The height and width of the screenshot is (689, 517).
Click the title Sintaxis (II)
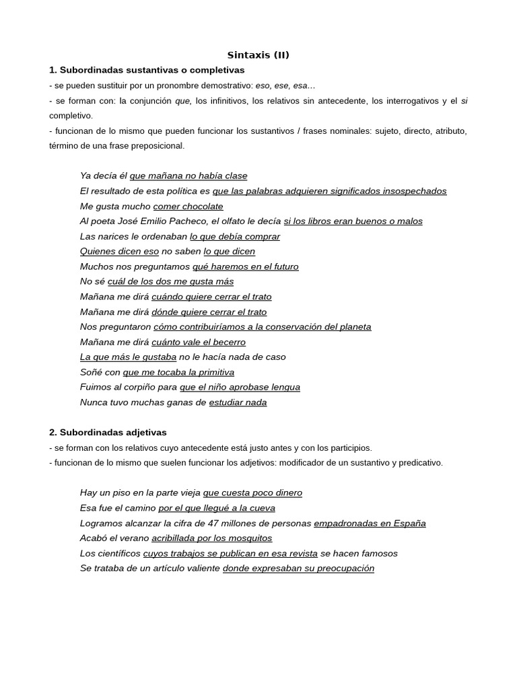pyautogui.click(x=258, y=55)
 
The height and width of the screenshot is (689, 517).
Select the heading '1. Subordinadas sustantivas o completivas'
pyautogui.click(x=147, y=70)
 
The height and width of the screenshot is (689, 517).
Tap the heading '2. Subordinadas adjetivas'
pyautogui.click(x=108, y=433)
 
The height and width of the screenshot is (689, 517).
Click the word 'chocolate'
pyautogui.click(x=201, y=207)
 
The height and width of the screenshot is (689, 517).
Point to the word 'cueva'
pyautogui.click(x=261, y=508)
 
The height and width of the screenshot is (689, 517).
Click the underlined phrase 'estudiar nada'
pyautogui.click(x=238, y=403)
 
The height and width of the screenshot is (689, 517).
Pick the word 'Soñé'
pyautogui.click(x=90, y=372)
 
